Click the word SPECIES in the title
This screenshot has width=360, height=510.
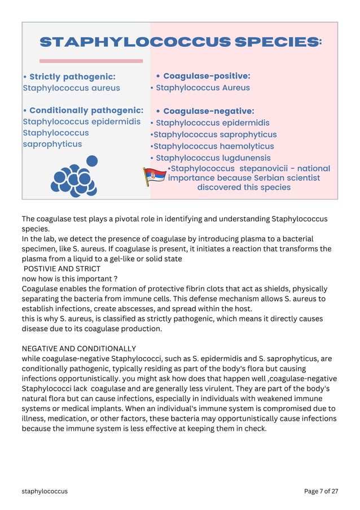pos(276,42)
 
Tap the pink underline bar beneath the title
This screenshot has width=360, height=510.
pos(91,61)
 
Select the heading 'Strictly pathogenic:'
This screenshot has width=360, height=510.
pos(72,77)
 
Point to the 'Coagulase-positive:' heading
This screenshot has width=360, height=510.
pos(207,76)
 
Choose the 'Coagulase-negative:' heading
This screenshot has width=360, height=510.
pos(208,111)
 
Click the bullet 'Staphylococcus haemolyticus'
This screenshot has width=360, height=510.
pos(213,146)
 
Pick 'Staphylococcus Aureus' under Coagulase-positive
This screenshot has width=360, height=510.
pos(203,88)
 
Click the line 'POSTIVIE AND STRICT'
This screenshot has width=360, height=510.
pos(62,269)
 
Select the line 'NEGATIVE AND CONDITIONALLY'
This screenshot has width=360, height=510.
pos(79,348)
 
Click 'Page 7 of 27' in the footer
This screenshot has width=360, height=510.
pos(321,491)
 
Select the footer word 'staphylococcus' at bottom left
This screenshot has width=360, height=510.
pos(45,491)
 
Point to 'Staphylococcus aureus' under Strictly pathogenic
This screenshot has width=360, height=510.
pos(71,88)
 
